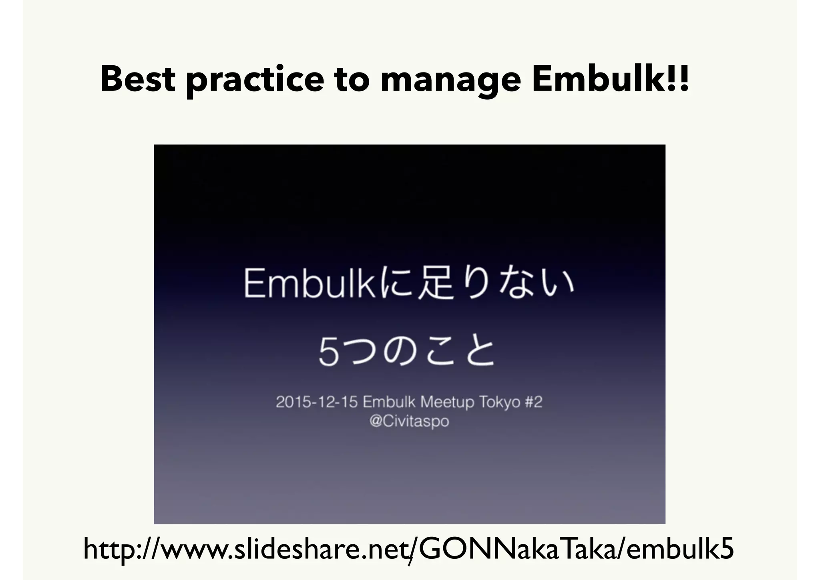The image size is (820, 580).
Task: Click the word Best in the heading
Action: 137,79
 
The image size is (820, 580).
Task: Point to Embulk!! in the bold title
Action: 610,79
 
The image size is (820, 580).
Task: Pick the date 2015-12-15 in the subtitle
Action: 316,402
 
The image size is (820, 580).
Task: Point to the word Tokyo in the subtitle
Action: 499,402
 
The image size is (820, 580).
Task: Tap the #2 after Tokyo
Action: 533,402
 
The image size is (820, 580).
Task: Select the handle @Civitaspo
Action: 409,421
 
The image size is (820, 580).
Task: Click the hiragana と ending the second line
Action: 479,352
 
